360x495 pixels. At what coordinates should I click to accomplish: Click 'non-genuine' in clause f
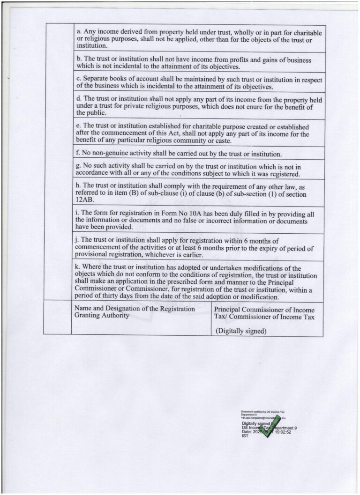(x=110, y=154)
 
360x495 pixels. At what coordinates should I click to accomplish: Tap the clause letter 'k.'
(x=78, y=268)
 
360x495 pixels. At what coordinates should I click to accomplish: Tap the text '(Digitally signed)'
(x=240, y=331)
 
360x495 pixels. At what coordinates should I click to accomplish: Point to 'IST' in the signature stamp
(x=244, y=436)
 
